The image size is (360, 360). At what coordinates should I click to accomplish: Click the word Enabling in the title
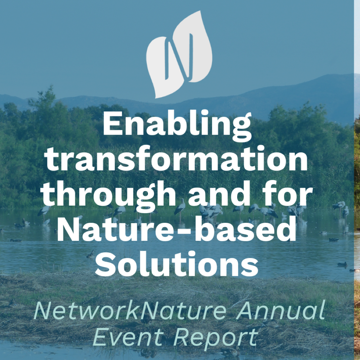(177, 126)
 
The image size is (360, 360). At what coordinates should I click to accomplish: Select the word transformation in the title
(177, 159)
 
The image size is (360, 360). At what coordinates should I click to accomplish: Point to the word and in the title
(219, 194)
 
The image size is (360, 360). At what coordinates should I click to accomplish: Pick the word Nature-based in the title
(177, 229)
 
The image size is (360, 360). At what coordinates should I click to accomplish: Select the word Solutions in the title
(177, 264)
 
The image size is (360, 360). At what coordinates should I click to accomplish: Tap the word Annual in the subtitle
(280, 310)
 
